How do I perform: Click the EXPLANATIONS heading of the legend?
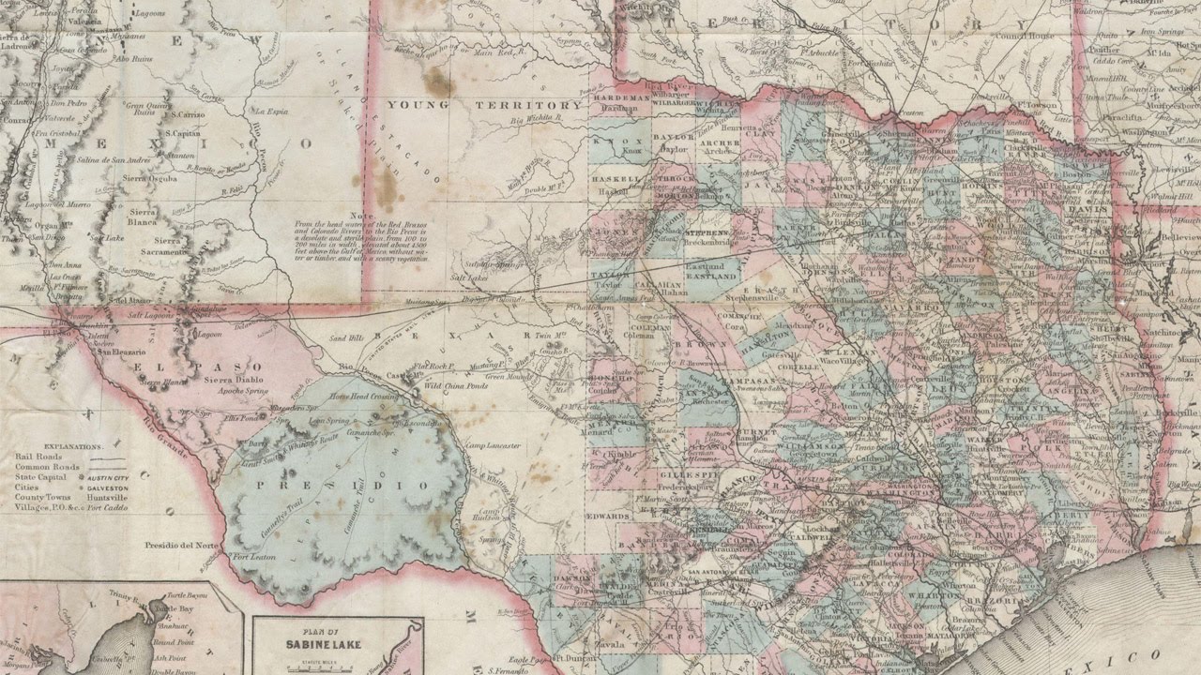click(x=58, y=447)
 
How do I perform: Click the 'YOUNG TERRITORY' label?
click(x=485, y=105)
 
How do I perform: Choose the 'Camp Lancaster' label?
click(x=493, y=446)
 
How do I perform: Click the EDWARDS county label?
click(x=609, y=516)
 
